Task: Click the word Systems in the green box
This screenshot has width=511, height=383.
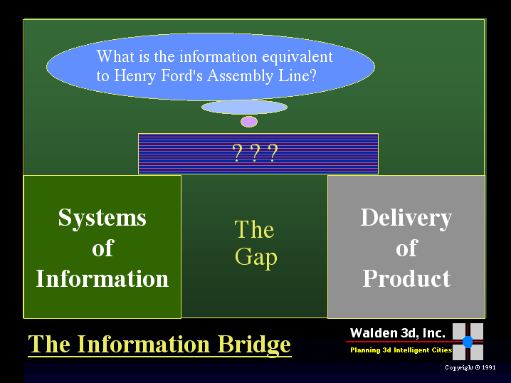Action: pos(102,218)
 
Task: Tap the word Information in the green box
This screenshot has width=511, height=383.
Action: pos(102,278)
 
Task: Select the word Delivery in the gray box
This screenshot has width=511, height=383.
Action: pos(406,218)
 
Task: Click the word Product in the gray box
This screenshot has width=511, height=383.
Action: pos(406,278)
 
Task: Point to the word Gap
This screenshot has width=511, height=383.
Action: pos(256,258)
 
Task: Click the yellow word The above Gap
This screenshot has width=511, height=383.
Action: pos(254,229)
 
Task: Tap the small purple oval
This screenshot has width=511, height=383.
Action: pos(249,122)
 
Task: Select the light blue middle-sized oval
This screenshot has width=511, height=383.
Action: pos(244,107)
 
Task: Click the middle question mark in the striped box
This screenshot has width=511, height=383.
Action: pos(255,152)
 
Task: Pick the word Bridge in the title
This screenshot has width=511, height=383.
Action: pos(253,345)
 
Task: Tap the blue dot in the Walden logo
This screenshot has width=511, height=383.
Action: pos(468,342)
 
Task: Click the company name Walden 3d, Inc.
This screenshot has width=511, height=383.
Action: pos(398,332)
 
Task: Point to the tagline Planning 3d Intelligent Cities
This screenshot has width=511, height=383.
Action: pos(401,350)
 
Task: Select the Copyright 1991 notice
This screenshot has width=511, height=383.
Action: pos(470,367)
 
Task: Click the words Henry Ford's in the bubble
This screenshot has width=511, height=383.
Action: pos(159,75)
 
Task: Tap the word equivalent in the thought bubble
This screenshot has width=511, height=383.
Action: pos(297,57)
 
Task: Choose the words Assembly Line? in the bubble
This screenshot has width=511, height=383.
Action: pos(262,76)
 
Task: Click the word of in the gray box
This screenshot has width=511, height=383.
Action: pos(406,248)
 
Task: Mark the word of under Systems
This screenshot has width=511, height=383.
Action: pos(102,248)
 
